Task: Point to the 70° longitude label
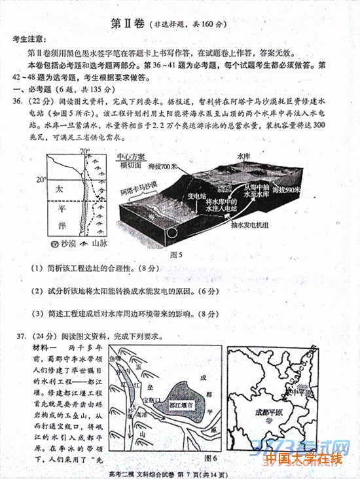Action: point(84,152)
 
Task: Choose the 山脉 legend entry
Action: point(98,243)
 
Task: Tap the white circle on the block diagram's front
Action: point(172,232)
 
